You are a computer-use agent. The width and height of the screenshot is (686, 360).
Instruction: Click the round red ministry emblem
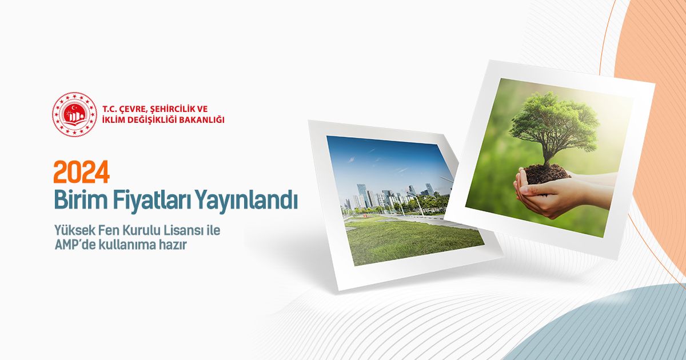pos(74,114)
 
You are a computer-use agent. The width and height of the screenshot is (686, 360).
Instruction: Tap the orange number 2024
pos(81,172)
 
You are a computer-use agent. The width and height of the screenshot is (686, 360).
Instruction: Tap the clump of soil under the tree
pos(547,174)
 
